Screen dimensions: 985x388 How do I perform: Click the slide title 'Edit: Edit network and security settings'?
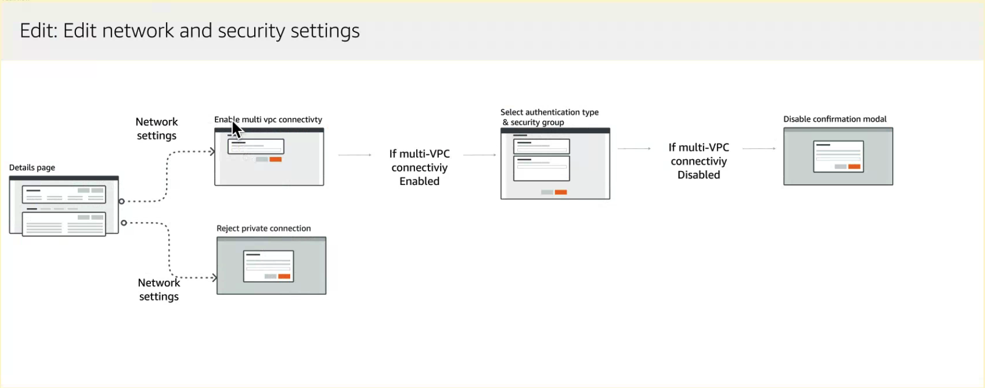[189, 31]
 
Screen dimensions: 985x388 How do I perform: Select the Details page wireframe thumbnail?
[64, 206]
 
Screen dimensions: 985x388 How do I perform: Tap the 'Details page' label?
[32, 168]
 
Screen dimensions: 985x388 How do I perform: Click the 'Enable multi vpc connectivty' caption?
[268, 119]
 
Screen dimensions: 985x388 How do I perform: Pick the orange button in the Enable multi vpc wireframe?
[276, 159]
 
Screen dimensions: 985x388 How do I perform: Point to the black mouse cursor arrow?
[236, 130]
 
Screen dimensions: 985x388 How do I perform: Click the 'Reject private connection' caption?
[264, 228]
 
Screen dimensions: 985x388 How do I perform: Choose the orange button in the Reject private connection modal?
[284, 276]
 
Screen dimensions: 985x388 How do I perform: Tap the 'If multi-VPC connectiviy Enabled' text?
[420, 168]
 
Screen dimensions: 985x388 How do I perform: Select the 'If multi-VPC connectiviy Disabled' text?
[699, 161]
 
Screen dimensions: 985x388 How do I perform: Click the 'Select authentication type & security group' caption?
[549, 117]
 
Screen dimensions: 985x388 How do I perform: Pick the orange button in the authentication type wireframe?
[561, 192]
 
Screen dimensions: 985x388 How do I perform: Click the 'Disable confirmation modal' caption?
[835, 119]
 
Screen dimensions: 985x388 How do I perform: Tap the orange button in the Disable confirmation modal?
[854, 167]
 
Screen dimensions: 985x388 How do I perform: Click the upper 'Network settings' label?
[156, 129]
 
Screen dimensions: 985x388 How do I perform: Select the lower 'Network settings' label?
[159, 290]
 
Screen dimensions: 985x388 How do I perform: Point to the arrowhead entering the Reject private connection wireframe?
[214, 278]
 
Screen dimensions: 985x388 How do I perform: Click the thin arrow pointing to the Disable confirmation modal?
[759, 149]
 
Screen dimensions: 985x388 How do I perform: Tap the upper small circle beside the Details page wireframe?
[122, 201]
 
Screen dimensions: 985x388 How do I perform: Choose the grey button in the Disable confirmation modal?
[841, 167]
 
